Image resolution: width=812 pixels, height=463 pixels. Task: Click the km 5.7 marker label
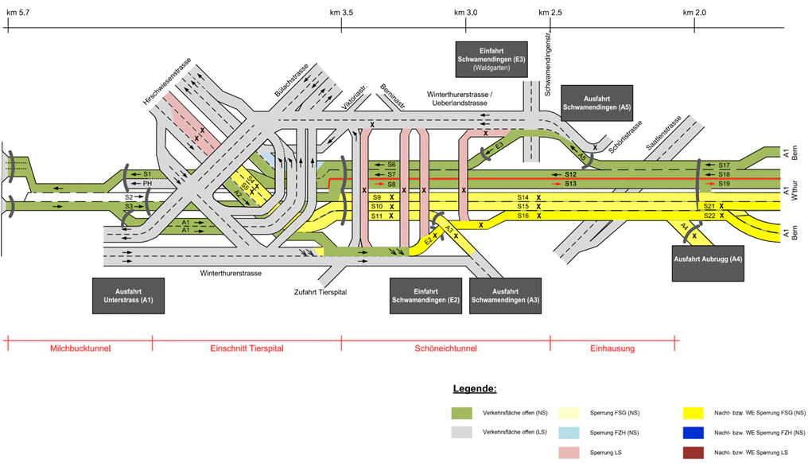(x=18, y=13)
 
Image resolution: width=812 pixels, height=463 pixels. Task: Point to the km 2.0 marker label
(x=694, y=13)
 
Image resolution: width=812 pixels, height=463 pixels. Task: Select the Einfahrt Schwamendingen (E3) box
(x=491, y=59)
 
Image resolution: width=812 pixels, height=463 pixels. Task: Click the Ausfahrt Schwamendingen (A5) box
(x=596, y=102)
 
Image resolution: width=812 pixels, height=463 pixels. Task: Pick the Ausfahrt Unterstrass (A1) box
(x=128, y=296)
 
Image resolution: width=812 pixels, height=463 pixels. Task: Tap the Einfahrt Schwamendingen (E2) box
(x=425, y=296)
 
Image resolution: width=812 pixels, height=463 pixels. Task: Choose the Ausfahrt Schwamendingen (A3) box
(x=505, y=296)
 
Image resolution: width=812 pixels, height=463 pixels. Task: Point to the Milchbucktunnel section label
(x=80, y=349)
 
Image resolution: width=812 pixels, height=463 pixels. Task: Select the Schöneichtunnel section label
(x=445, y=349)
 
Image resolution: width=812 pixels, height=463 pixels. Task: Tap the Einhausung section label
(x=612, y=349)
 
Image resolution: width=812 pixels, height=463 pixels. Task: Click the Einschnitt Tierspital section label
(x=247, y=349)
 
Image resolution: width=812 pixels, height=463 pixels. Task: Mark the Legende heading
(x=474, y=389)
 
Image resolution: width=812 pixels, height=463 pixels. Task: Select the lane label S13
(x=570, y=184)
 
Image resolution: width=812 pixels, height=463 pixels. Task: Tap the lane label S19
(x=723, y=184)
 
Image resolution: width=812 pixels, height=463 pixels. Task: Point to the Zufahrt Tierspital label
(x=321, y=292)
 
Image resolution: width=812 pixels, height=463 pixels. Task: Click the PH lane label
(x=147, y=184)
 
